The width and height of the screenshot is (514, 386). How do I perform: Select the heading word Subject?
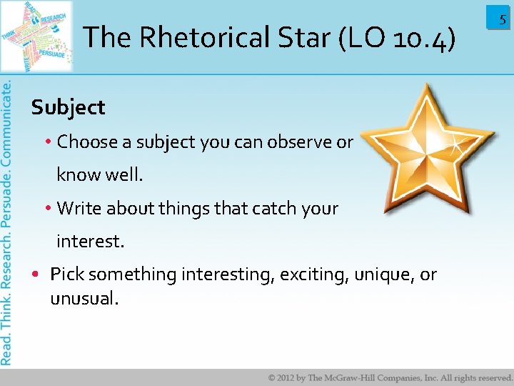(x=68, y=108)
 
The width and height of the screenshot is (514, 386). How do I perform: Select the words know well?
(x=99, y=175)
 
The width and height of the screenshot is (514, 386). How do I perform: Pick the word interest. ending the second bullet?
(x=90, y=242)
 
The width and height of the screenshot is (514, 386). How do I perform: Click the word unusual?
(x=84, y=299)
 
